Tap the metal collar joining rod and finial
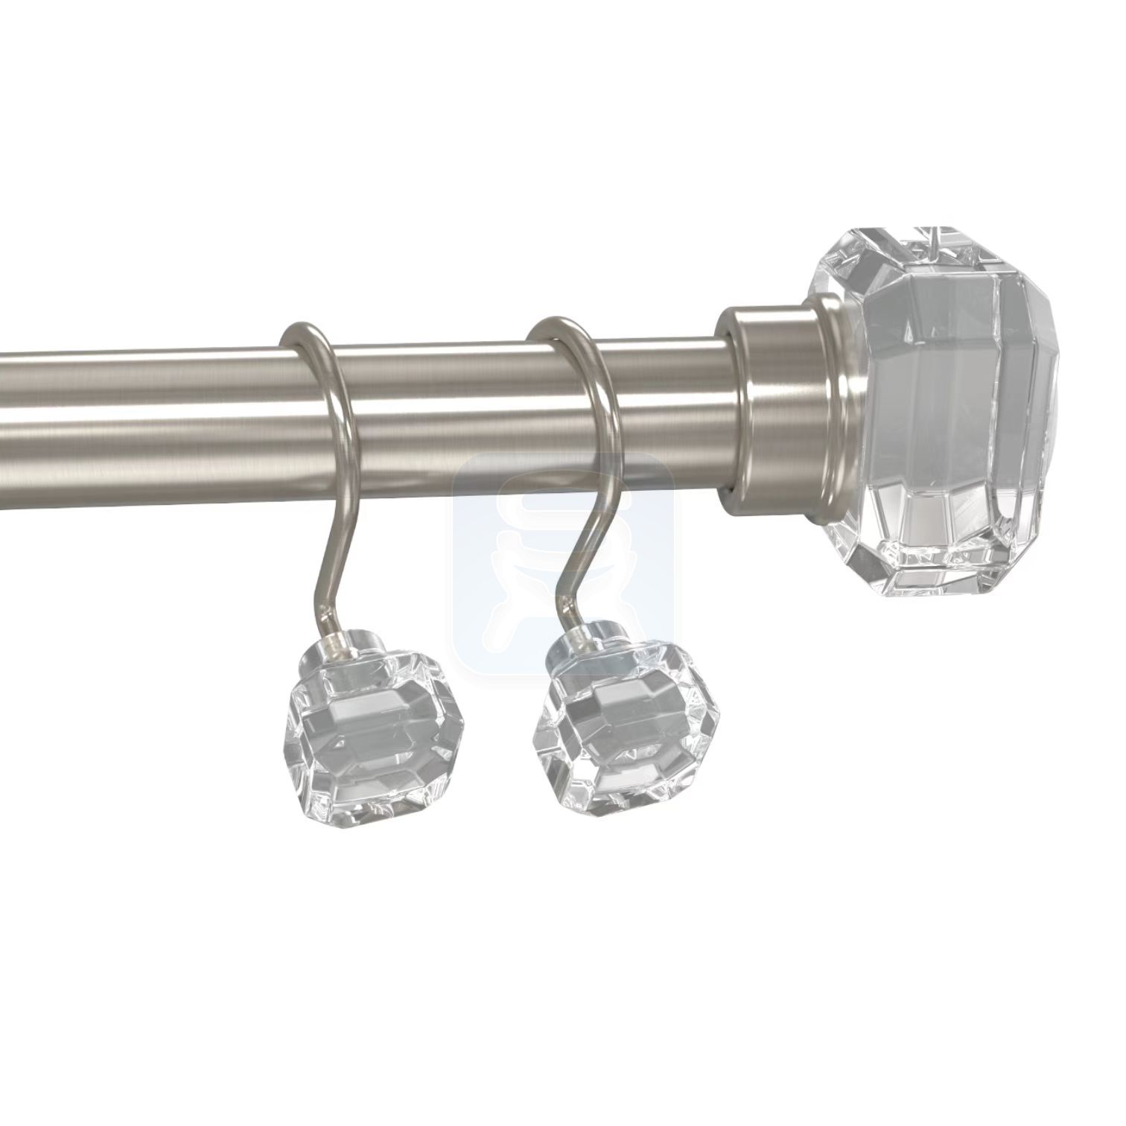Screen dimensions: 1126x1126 [771, 402]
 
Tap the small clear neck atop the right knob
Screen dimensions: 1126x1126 [588, 639]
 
